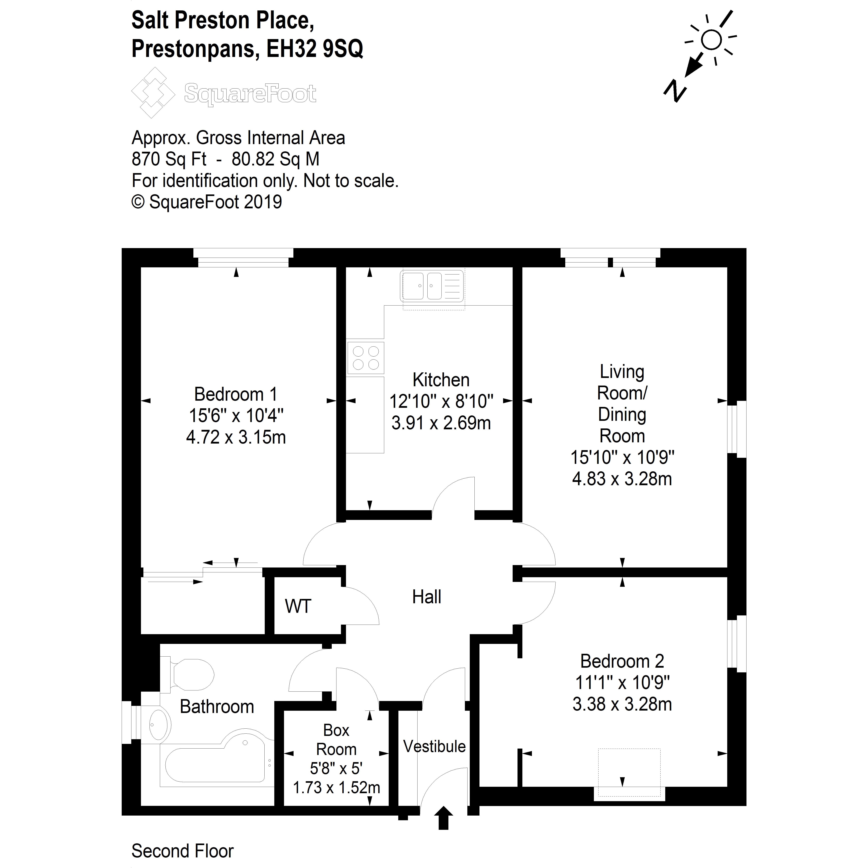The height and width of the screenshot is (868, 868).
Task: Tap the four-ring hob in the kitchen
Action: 365,358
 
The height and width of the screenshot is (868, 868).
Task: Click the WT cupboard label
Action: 297,607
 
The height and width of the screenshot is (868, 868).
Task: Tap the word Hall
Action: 426,597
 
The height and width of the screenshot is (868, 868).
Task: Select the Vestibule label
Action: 434,746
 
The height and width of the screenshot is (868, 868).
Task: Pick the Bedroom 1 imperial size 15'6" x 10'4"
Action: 236,416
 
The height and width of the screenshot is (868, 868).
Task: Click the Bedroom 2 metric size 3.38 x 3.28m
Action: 622,704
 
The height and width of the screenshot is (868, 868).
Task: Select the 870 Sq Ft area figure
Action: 169,159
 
